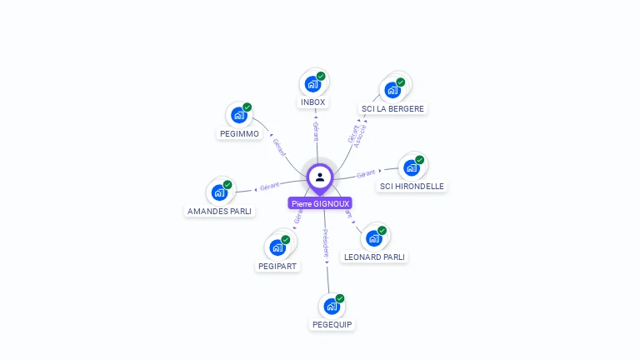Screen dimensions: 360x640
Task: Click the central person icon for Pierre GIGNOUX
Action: (320, 177)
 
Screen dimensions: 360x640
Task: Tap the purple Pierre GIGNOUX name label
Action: (320, 203)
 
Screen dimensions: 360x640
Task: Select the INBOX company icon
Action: (312, 84)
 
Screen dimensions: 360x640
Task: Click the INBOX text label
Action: (313, 102)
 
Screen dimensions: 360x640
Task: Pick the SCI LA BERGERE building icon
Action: (392, 90)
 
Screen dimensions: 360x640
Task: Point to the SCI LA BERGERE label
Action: (392, 108)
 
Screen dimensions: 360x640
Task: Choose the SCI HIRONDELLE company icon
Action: (412, 167)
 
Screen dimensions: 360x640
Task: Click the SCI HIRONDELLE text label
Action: (412, 187)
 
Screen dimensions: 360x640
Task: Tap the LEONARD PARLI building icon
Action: (374, 238)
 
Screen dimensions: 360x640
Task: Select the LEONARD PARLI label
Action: (375, 257)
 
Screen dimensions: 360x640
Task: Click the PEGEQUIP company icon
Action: (332, 306)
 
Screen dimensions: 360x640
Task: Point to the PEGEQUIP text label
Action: (332, 324)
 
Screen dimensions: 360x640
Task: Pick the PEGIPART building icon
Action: (277, 247)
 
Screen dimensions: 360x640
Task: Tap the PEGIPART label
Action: (277, 267)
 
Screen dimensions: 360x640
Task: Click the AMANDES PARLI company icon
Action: (220, 192)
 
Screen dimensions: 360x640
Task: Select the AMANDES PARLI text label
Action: (219, 212)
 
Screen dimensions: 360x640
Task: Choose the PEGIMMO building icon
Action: (239, 115)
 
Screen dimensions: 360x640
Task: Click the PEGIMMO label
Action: (239, 134)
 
